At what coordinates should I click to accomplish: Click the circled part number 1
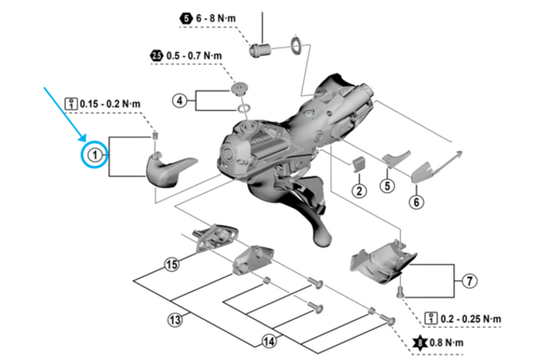coord(94,155)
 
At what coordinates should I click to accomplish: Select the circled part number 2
coord(359,191)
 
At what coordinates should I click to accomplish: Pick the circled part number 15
coord(171,265)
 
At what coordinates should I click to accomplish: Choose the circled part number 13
coord(174,318)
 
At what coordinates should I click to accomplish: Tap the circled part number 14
coord(269,340)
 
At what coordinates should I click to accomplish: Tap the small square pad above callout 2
coord(358,164)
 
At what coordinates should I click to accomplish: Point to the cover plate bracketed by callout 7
coord(377,262)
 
